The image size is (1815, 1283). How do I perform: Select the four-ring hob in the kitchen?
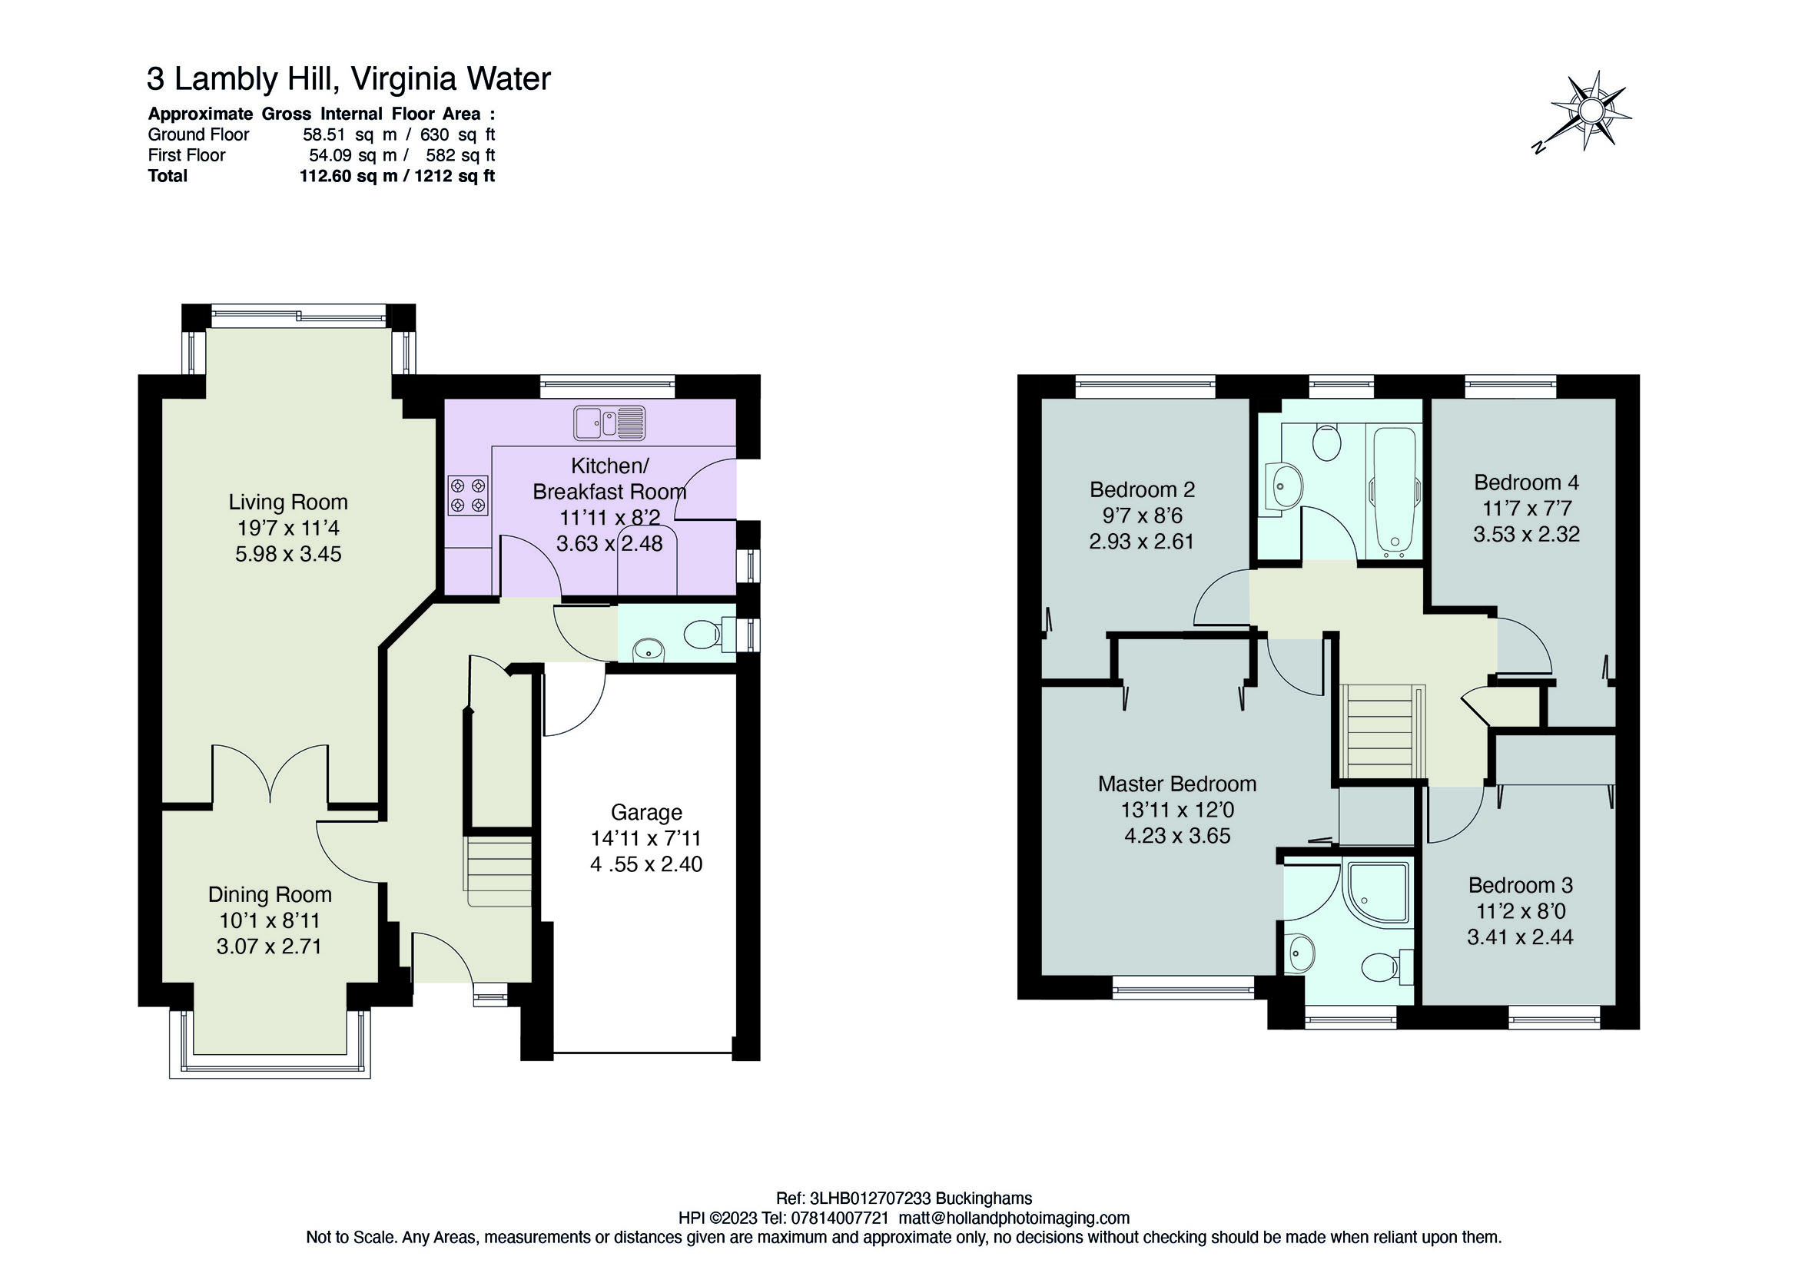pyautogui.click(x=467, y=495)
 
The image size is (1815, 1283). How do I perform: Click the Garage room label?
pyautogui.click(x=645, y=812)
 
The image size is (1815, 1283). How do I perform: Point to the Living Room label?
pyautogui.click(x=287, y=502)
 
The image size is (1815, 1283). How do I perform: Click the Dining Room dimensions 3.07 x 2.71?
pyautogui.click(x=269, y=947)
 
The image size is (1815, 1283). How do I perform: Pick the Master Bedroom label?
pyautogui.click(x=1177, y=784)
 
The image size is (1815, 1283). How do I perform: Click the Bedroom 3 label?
pyautogui.click(x=1520, y=885)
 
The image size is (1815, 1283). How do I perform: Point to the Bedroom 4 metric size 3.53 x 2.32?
pyautogui.click(x=1525, y=535)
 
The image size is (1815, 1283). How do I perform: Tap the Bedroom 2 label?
pyautogui.click(x=1142, y=490)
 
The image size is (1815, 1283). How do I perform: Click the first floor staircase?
pyautogui.click(x=1382, y=733)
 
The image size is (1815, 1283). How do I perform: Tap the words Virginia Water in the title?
pyautogui.click(x=450, y=79)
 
